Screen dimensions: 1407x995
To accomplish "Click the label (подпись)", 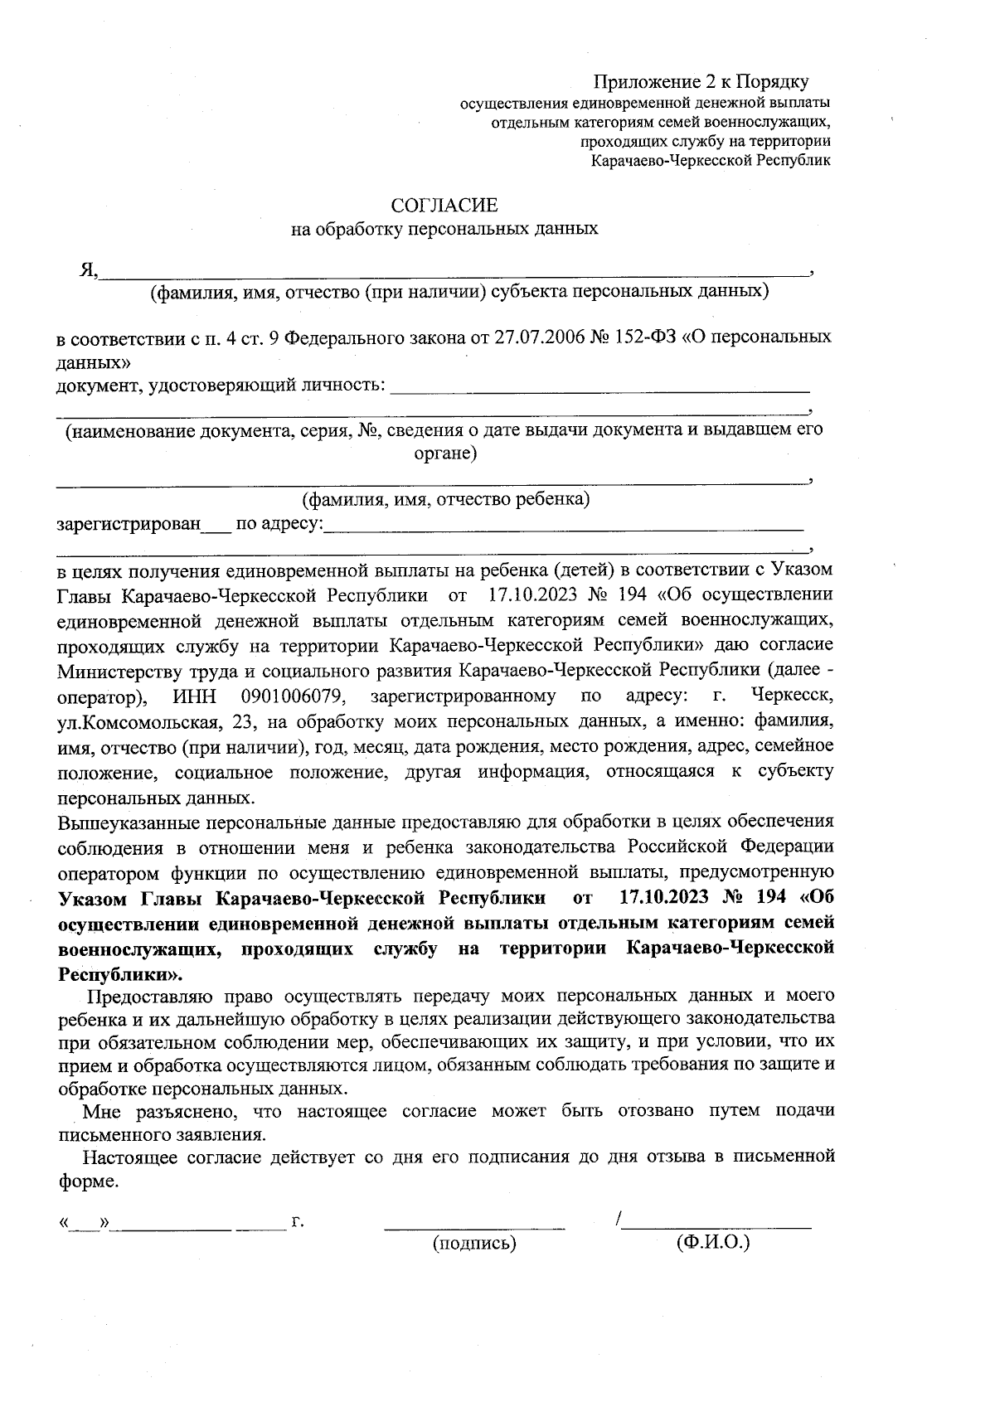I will point(474,1243).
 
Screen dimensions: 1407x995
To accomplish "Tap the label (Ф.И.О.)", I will point(713,1242).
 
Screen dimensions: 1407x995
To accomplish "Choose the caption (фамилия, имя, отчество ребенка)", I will point(445,499).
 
